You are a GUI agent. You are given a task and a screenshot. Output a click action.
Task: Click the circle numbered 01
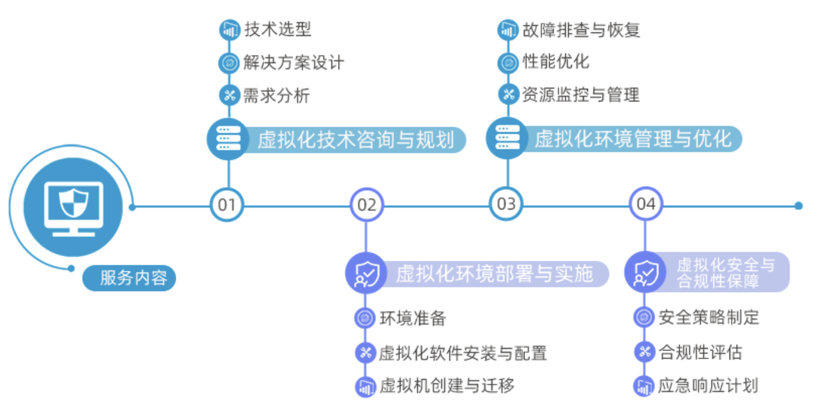[x=227, y=205]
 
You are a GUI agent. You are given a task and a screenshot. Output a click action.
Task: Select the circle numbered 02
[x=366, y=205]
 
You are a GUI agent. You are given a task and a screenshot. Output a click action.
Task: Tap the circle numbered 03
[x=506, y=204]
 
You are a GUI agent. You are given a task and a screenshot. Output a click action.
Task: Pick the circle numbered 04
[x=646, y=204]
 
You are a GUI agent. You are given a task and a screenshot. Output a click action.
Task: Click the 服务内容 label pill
[x=129, y=278]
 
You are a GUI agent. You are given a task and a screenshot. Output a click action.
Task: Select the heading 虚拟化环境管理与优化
[x=633, y=139]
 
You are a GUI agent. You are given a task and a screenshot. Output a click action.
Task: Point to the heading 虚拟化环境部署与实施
[x=494, y=274]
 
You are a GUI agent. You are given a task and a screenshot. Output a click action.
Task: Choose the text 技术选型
[x=278, y=29]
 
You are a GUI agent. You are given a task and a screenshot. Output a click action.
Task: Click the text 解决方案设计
[x=294, y=62]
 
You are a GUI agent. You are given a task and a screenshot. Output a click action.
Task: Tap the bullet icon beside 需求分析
[x=228, y=95]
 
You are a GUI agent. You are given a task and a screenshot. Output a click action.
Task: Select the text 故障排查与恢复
[x=581, y=29]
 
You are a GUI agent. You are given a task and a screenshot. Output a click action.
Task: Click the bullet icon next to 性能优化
[x=508, y=62]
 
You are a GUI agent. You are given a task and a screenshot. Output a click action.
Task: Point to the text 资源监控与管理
[x=580, y=94]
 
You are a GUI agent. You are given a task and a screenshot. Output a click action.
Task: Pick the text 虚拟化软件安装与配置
[x=463, y=353]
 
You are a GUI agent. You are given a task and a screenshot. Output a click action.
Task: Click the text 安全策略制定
[x=709, y=317]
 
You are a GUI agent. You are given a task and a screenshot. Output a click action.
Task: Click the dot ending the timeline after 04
[x=798, y=206]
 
